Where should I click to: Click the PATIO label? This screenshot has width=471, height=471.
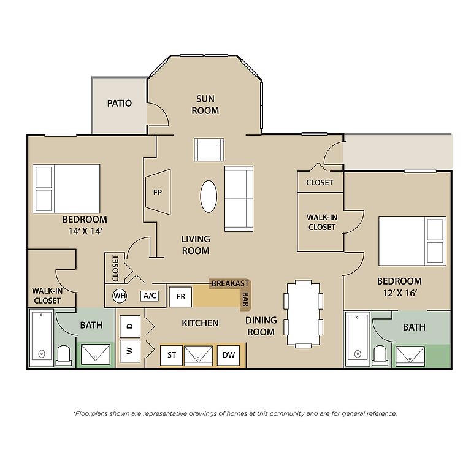point(120,103)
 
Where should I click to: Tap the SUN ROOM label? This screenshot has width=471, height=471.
point(205,104)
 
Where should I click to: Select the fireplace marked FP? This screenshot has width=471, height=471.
point(158,192)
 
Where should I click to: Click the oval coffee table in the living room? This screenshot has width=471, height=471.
point(209,196)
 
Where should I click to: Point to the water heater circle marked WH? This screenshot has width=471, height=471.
point(120,296)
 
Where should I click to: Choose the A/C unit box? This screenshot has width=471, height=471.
point(150,296)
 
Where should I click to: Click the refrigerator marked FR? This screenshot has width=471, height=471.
point(180,297)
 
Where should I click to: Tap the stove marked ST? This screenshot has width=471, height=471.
point(171,355)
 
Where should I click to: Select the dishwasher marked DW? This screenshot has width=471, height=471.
point(228,355)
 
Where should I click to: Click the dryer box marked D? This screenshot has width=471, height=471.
point(130,326)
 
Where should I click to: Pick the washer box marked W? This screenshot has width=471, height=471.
point(130,351)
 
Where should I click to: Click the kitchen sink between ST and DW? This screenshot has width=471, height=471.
point(198,355)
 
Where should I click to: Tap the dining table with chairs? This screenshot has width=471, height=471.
point(303,314)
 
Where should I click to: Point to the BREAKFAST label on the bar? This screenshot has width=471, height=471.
point(230,283)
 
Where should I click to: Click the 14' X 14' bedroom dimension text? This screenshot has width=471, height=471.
point(85,231)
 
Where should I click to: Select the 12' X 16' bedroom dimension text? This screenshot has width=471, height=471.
point(399,293)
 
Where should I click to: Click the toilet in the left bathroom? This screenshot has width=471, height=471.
point(64,355)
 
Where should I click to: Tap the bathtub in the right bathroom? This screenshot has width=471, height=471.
point(358,339)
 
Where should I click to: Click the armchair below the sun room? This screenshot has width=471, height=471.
point(209,150)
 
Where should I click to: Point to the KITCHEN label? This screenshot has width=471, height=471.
point(200,323)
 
